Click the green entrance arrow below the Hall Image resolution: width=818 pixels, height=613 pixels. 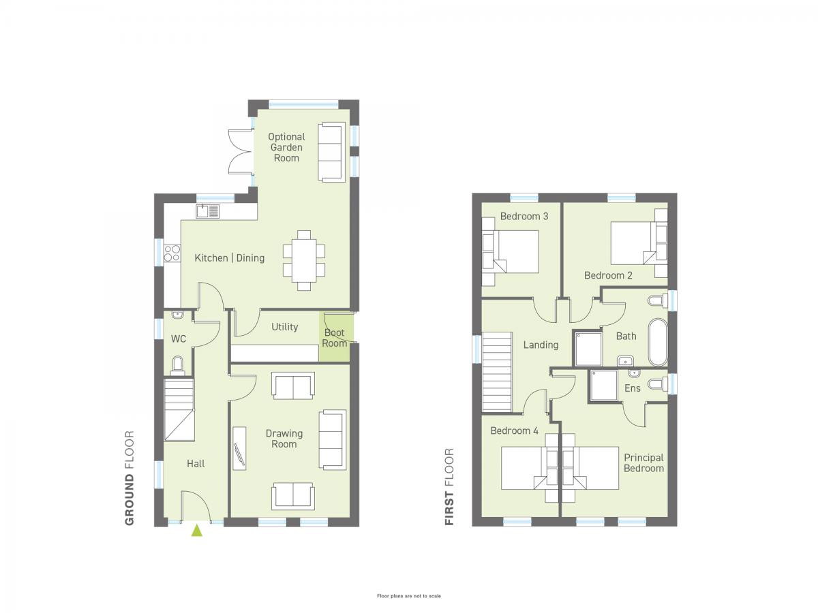point(196,531)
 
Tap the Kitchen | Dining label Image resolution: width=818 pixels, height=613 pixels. point(229,257)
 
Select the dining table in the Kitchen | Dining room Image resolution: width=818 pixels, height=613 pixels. point(304,260)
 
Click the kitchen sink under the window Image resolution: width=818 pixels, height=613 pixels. point(208,211)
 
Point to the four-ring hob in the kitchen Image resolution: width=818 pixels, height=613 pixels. point(172,252)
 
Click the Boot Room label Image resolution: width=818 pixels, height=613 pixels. point(334,338)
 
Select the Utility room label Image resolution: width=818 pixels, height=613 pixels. point(284,326)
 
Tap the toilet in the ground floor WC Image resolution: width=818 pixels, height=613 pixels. point(178,365)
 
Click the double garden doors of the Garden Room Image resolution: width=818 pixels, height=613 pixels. point(241,151)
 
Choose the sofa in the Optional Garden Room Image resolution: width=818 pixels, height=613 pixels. point(331,152)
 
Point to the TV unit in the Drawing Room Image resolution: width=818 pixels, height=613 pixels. point(239,448)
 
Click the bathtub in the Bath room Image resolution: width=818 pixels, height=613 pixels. point(657,342)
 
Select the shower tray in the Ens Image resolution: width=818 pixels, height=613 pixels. point(603,386)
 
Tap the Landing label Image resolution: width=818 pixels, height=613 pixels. point(541,345)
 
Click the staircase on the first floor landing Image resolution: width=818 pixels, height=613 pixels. point(497,371)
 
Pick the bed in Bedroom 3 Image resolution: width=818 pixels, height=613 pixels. point(510,251)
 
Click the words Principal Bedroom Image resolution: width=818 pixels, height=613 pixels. point(643,462)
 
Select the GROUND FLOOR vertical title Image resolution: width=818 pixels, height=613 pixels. point(130,478)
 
